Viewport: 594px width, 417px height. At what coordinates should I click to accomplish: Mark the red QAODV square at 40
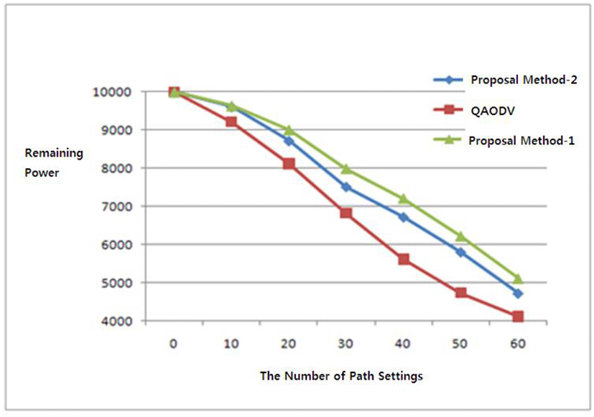[x=404, y=259]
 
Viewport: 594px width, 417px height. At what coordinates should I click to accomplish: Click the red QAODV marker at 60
[x=518, y=316]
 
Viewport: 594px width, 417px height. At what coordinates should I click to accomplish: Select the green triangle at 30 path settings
[x=346, y=169]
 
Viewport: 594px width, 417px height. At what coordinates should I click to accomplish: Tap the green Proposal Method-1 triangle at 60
[x=518, y=278]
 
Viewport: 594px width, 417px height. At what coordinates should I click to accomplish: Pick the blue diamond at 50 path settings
[x=460, y=252]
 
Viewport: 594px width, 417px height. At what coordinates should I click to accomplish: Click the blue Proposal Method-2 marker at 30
[x=346, y=187]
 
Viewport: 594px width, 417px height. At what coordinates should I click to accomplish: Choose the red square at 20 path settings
[x=289, y=164]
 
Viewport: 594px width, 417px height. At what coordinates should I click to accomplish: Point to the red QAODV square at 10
[x=231, y=122]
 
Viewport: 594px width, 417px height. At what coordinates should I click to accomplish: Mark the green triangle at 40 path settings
[x=404, y=198]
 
